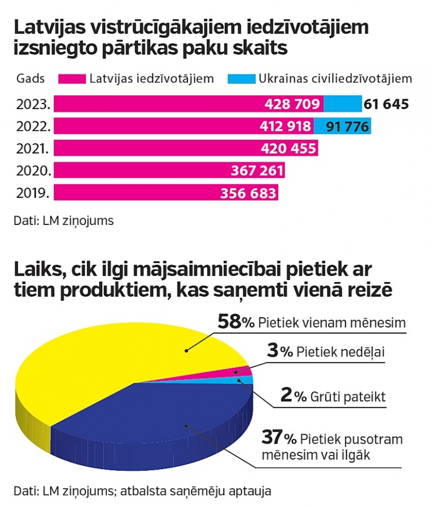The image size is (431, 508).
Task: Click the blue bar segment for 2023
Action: click(x=342, y=104)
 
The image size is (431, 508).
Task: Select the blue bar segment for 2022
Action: click(x=342, y=126)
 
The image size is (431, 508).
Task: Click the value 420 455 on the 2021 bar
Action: click(x=288, y=149)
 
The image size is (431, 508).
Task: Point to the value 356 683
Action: click(x=249, y=193)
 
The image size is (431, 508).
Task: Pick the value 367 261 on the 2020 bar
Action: click(x=257, y=171)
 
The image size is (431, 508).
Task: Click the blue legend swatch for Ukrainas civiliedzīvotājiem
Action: click(x=241, y=79)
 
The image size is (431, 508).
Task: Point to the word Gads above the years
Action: click(x=30, y=79)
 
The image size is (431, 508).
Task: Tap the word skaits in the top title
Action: click(x=261, y=48)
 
